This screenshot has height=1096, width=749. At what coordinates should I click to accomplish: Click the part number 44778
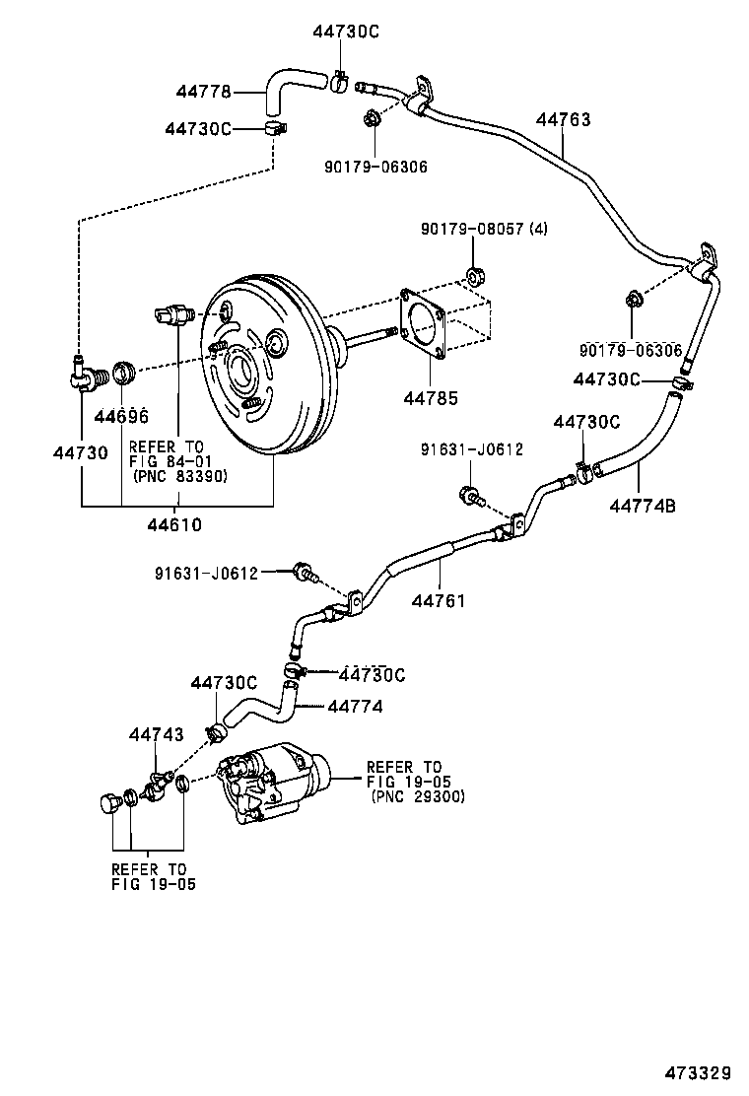tap(204, 92)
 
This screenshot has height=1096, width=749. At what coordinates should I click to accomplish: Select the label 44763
tap(564, 119)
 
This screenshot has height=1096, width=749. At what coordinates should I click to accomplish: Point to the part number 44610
tap(174, 524)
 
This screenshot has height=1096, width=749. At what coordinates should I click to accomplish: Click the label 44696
tap(121, 416)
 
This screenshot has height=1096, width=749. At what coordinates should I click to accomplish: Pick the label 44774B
tap(642, 506)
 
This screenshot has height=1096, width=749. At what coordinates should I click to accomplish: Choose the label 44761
tap(439, 600)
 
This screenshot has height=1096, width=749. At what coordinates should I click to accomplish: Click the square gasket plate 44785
tap(423, 321)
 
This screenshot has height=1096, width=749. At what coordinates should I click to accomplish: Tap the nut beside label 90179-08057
tap(472, 276)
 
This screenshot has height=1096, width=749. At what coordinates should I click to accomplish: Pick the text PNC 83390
tap(179, 476)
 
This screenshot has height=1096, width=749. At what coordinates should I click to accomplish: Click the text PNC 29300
tap(418, 796)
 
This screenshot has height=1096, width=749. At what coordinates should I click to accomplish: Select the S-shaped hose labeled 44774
tap(261, 707)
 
